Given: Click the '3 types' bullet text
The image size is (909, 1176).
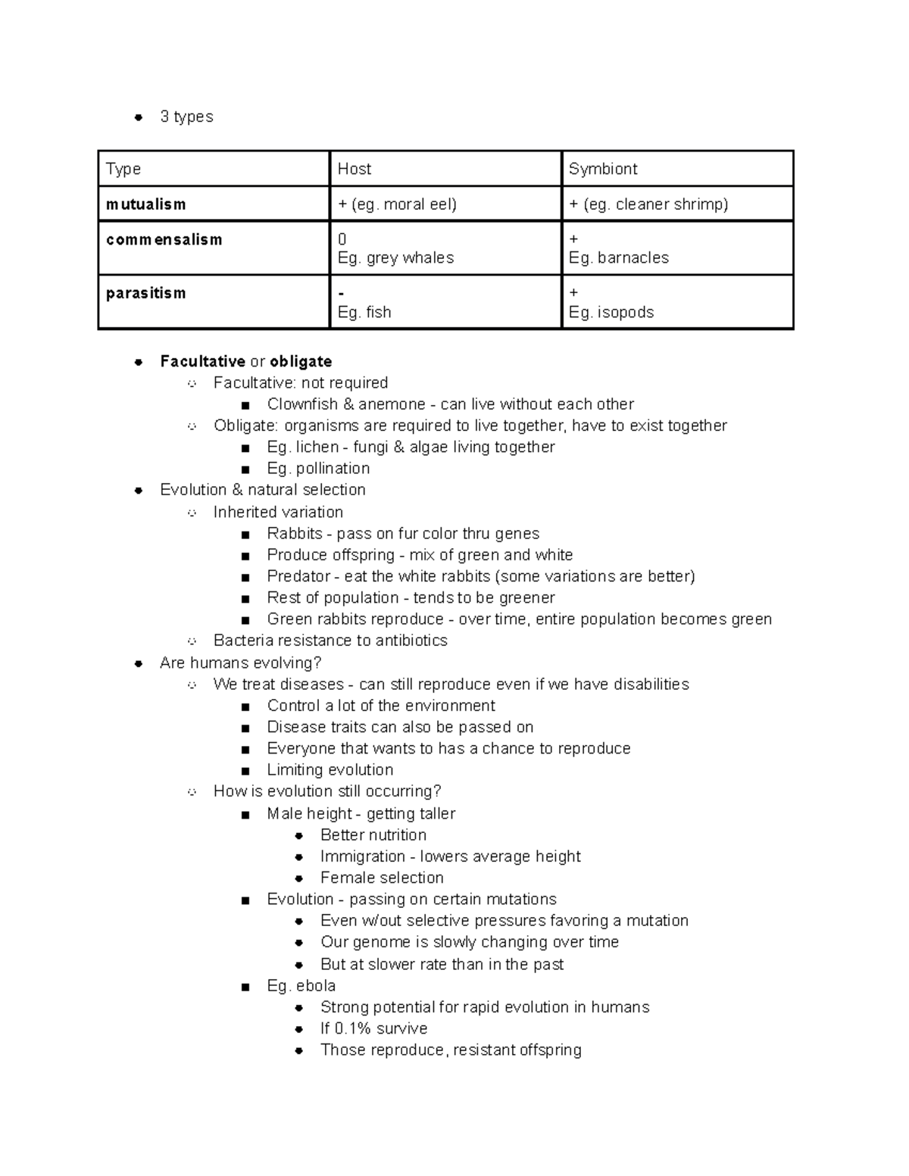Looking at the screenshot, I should point(186,117).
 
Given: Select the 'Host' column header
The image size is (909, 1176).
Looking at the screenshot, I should point(355,169).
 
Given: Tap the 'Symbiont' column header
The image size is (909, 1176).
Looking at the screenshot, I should point(603,169).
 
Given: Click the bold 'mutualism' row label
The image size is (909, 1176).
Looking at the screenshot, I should point(145,204).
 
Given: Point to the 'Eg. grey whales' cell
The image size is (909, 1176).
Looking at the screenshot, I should point(395,257).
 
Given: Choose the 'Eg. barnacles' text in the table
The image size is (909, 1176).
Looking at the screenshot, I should point(619,257).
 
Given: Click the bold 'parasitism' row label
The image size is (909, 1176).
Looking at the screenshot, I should point(145,293).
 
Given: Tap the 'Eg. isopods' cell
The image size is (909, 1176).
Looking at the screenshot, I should point(611,312).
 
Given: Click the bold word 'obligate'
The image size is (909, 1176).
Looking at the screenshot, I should point(301,361).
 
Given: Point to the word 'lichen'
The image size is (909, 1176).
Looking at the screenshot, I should point(317,447).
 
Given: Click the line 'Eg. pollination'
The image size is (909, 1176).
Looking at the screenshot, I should point(318,468).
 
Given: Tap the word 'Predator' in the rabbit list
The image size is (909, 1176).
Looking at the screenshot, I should point(298,576).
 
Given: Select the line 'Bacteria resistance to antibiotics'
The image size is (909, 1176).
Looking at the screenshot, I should point(330,641).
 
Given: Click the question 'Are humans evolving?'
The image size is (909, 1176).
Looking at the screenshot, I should point(241,663).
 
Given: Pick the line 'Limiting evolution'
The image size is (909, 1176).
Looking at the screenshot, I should point(330,770).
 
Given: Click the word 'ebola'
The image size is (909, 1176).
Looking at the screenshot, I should point(316,986).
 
